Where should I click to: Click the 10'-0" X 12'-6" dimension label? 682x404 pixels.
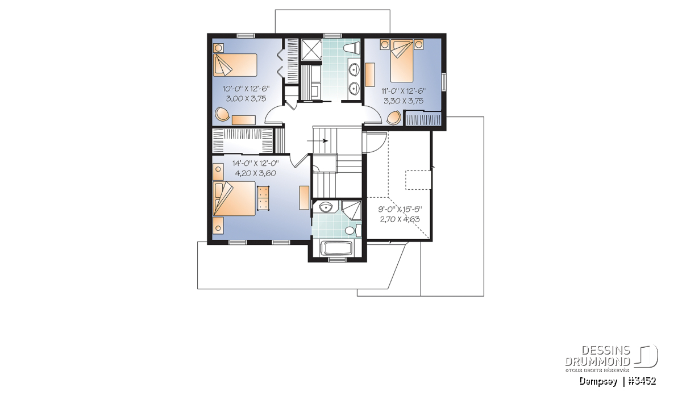tap(246, 89)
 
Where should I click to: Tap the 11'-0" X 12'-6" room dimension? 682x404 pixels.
tap(404, 91)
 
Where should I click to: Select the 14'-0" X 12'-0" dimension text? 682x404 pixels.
tap(255, 164)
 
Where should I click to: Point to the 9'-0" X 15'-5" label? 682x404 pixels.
tap(400, 210)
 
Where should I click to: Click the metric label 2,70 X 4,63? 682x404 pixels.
tap(400, 219)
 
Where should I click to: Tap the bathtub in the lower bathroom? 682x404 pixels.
tap(336, 248)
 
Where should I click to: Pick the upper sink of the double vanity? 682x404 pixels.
tap(354, 69)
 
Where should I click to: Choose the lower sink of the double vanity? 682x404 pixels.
tap(354, 88)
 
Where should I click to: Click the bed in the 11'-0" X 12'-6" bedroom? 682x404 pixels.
tap(402, 61)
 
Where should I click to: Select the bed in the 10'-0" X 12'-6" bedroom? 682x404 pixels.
tap(235, 65)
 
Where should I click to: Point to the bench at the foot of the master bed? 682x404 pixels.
tap(263, 198)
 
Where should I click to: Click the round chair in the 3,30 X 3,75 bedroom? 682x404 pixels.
tap(394, 118)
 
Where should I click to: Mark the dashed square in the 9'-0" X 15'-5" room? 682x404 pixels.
tap(418, 180)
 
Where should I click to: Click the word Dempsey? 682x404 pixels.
tap(598, 381)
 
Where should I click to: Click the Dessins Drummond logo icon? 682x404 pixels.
tap(646, 356)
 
